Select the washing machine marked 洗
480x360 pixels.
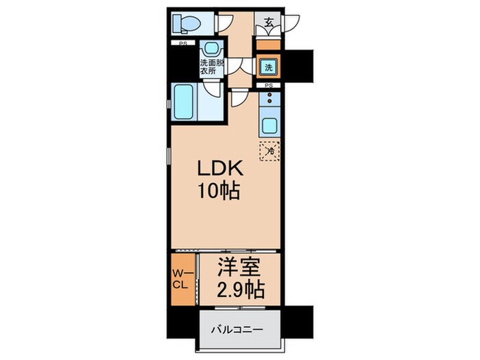(x=267, y=68)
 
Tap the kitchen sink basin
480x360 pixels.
(x=269, y=126)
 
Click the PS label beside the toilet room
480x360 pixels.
(x=183, y=44)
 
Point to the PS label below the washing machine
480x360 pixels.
(x=268, y=86)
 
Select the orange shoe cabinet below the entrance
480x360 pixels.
(x=267, y=45)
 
